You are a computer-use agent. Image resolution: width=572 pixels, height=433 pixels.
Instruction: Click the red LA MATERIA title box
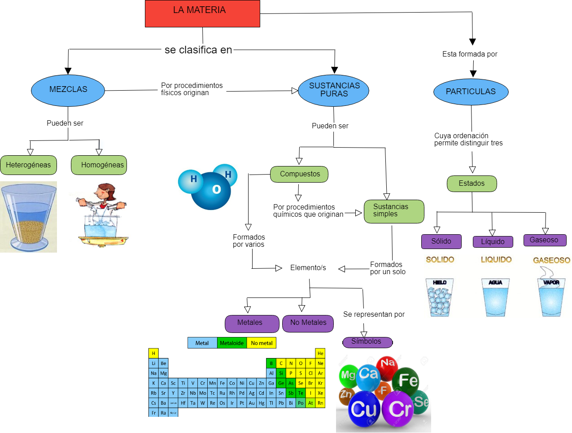point(202,13)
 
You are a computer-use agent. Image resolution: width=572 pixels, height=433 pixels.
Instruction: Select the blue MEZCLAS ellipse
point(68,90)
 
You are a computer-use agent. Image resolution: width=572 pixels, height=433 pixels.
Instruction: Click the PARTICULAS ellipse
point(471,92)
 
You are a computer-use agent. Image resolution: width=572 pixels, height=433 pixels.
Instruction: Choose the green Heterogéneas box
point(28,165)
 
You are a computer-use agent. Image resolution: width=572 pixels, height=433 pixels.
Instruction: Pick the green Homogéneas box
point(99,165)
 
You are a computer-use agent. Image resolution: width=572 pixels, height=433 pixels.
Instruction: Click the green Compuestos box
point(299,174)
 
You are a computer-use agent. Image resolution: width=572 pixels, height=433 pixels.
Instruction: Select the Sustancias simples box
point(394,211)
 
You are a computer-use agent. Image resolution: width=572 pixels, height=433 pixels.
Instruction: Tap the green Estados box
point(472,184)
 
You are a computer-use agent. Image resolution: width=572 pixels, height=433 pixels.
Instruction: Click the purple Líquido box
point(493,242)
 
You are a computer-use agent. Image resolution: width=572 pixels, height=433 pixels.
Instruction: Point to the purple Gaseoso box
point(545,240)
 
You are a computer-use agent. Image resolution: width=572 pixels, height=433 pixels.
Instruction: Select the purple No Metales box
point(308,323)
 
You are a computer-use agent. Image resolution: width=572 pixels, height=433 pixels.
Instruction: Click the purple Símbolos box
point(367,342)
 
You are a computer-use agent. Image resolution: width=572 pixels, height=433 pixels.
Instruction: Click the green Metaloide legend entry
point(231,343)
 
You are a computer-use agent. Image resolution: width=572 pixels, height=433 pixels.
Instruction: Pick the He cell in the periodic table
point(320,354)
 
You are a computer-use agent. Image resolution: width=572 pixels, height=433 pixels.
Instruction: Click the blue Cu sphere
point(364,409)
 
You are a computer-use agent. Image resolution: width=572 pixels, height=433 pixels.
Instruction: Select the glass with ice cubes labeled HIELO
point(439,297)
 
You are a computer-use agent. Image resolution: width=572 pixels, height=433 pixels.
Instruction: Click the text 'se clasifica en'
point(198,50)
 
